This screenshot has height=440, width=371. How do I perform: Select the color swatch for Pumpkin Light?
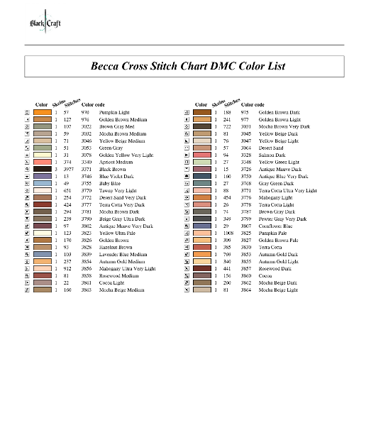pos(42,112)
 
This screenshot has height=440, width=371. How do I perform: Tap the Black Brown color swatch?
pos(42,169)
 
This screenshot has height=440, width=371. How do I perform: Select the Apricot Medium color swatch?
pos(42,162)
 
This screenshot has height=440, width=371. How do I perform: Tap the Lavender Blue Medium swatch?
pos(42,254)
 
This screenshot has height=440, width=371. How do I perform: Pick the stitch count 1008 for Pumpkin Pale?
pos(228,233)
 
